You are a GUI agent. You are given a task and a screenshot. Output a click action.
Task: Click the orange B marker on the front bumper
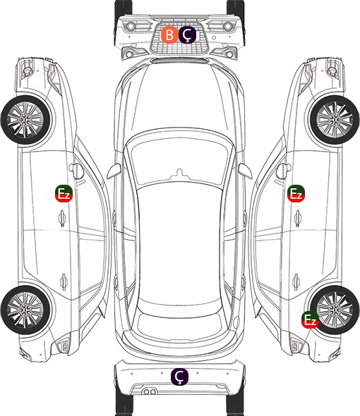169,35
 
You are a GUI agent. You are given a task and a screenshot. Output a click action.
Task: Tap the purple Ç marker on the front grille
187,35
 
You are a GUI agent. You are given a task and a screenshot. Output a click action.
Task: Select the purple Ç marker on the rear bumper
179,377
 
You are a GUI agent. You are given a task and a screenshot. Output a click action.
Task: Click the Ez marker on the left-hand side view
64,193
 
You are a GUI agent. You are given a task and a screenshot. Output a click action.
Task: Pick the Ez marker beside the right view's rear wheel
310,319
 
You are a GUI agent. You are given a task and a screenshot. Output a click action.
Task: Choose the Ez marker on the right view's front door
296,193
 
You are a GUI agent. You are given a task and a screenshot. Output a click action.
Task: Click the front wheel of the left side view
25,120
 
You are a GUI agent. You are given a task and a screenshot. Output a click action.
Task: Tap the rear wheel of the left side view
25,310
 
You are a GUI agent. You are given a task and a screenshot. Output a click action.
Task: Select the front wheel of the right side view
335,120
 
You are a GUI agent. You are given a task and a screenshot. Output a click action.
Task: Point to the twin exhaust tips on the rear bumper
150,391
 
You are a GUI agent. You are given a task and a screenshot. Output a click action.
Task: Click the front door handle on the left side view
62,218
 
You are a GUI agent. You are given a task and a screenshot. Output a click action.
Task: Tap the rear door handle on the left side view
64,281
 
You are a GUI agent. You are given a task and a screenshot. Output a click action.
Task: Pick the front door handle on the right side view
298,218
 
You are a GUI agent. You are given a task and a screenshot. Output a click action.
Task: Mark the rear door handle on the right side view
296,281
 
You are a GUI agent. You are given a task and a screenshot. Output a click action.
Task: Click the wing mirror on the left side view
76,171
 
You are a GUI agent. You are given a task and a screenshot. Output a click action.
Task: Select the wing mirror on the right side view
284,171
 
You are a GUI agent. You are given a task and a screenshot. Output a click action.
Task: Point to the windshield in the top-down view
179,159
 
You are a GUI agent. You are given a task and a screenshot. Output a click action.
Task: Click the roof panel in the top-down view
179,244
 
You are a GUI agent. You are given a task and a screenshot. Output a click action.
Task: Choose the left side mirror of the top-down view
114,171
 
